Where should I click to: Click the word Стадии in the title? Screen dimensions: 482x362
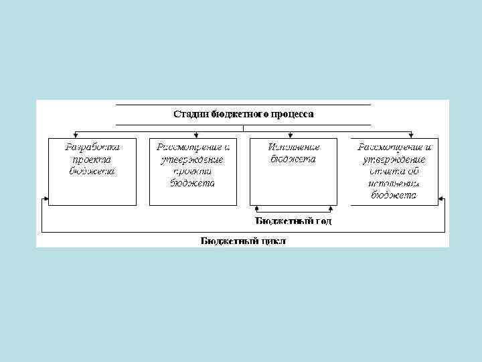pyautogui.click(x=191, y=114)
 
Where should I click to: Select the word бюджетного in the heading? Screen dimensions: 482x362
pyautogui.click(x=238, y=114)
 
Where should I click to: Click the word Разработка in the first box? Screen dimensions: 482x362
pyautogui.click(x=92, y=147)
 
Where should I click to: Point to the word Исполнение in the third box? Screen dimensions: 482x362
pyautogui.click(x=293, y=147)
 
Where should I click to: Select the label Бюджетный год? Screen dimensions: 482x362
pyautogui.click(x=293, y=220)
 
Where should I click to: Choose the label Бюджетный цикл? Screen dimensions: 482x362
pyautogui.click(x=243, y=241)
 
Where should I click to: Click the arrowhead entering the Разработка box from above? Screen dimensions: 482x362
pyautogui.click(x=76, y=135)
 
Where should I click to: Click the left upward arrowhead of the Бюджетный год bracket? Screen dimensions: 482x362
pyautogui.click(x=255, y=207)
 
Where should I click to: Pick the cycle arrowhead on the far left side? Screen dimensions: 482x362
pyautogui.click(x=46, y=198)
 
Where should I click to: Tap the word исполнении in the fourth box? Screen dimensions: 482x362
pyautogui.click(x=394, y=183)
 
